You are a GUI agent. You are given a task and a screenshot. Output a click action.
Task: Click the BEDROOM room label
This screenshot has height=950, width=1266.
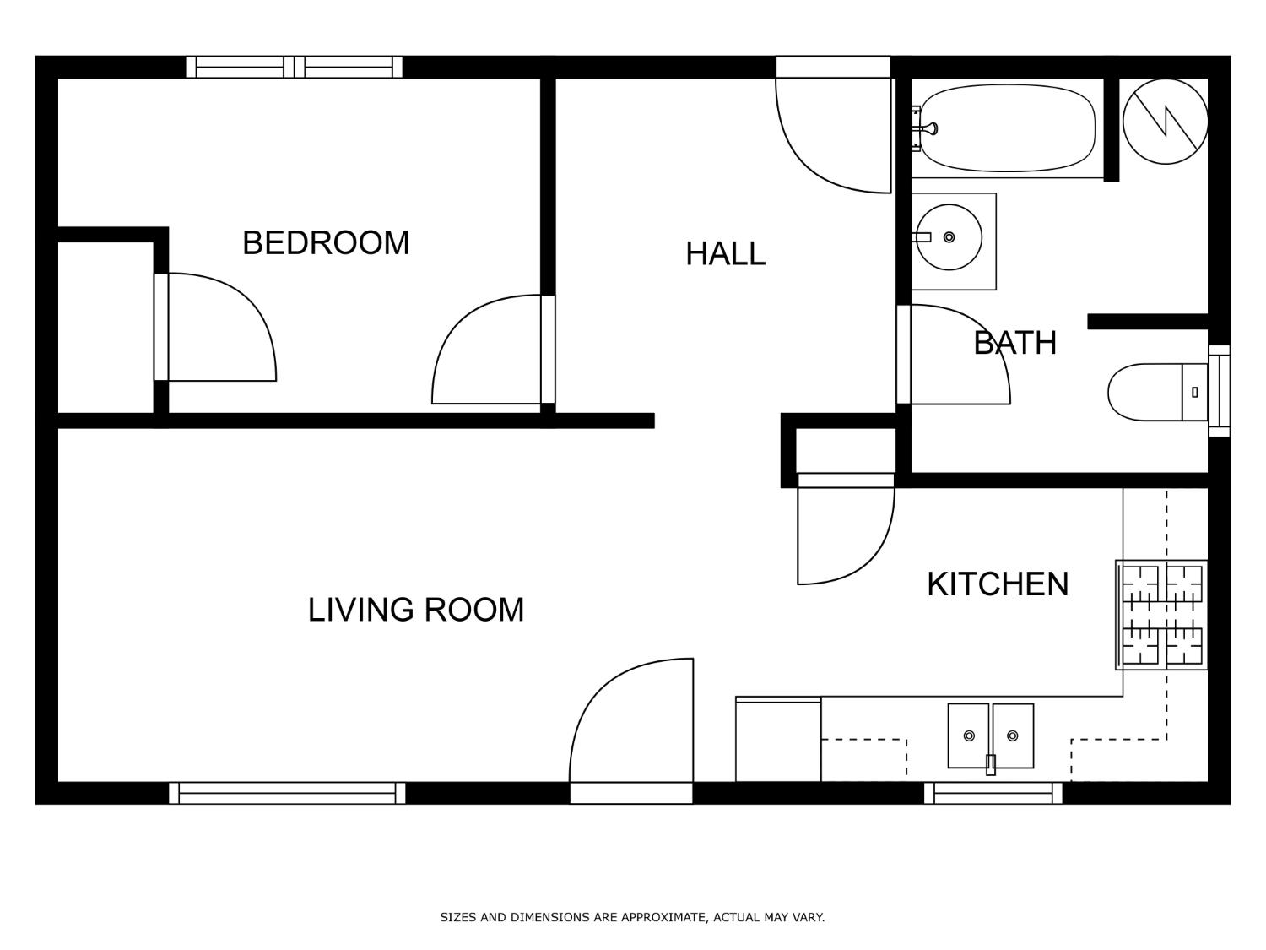coord(325,243)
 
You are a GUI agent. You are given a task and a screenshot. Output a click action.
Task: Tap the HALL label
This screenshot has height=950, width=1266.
coord(725,253)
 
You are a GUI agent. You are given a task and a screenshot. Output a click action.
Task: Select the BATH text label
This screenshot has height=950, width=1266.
coord(1014,343)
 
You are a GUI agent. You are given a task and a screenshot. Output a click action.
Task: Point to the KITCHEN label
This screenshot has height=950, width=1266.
coord(998,584)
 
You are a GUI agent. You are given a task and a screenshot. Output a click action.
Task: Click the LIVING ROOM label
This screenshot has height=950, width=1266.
coord(416,610)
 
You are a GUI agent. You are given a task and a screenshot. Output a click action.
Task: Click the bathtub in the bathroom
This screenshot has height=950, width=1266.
coord(1007,128)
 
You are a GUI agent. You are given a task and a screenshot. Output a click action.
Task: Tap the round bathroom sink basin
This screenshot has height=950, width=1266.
coord(949,237)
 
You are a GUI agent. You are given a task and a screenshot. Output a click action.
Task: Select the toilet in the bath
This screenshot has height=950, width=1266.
coord(1157,392)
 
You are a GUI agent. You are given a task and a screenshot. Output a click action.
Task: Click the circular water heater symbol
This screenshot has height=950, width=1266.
coord(1165,122)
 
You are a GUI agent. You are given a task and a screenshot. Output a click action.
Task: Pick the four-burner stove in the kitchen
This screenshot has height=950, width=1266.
coord(1161,615)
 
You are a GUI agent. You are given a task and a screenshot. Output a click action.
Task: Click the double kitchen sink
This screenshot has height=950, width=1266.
coord(990,736)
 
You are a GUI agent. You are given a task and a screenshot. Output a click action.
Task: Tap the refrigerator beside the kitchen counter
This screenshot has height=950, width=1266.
coord(778,740)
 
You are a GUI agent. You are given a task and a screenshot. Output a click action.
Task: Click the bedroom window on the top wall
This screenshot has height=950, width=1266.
coord(295,67)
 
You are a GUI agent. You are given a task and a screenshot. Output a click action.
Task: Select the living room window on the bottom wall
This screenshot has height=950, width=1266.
coord(287,793)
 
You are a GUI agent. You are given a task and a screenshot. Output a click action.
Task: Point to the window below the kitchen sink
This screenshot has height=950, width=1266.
coord(993,793)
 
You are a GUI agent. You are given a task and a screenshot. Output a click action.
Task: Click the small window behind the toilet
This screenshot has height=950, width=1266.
coord(1220,391)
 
